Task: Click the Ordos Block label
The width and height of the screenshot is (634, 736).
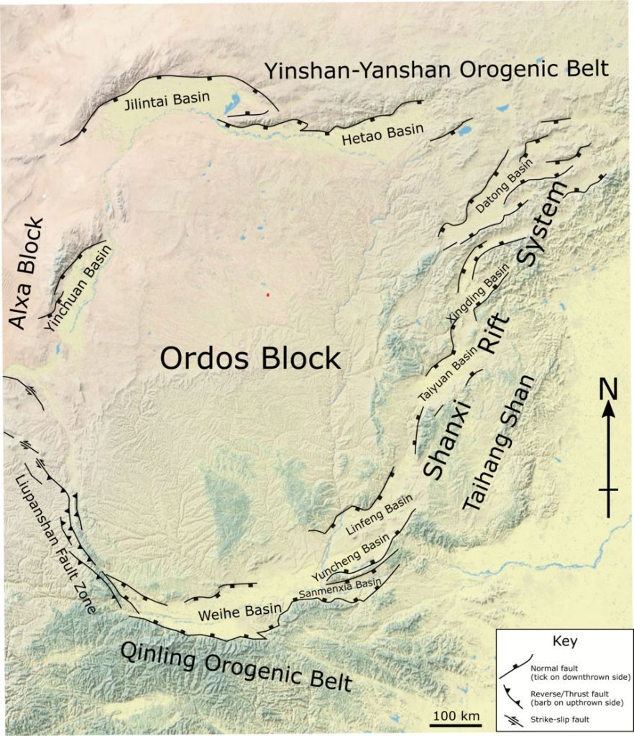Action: (249, 358)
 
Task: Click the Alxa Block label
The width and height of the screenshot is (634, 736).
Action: (29, 274)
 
